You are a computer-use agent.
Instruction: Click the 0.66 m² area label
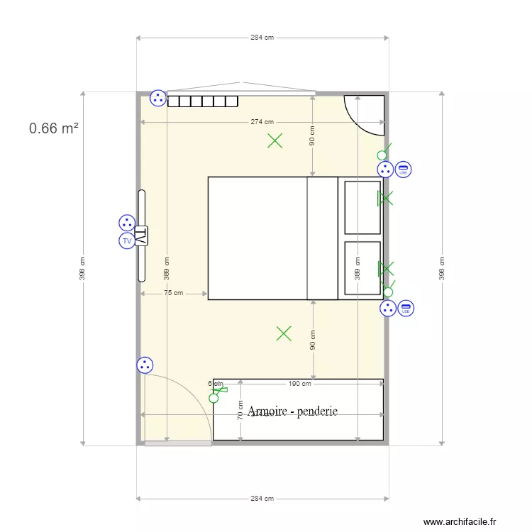(53, 128)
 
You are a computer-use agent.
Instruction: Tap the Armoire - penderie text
(292, 411)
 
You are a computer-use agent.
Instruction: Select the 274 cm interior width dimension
(262, 122)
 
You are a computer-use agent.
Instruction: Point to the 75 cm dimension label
(173, 292)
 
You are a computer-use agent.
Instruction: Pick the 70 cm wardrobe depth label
(240, 410)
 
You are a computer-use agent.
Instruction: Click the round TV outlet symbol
(127, 241)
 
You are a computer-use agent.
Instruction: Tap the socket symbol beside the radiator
(157, 99)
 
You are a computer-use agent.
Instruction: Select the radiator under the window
(202, 101)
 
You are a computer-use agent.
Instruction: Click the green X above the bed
(275, 140)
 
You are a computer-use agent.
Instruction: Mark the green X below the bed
(284, 333)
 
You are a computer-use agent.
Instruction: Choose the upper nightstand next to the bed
(362, 207)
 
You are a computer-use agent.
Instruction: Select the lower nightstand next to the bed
(362, 267)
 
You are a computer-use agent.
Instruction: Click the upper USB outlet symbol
(403, 170)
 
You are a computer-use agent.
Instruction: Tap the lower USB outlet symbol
(406, 309)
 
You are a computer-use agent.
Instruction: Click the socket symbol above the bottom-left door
(145, 365)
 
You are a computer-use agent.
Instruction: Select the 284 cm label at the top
(262, 38)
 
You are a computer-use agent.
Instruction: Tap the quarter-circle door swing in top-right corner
(364, 113)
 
